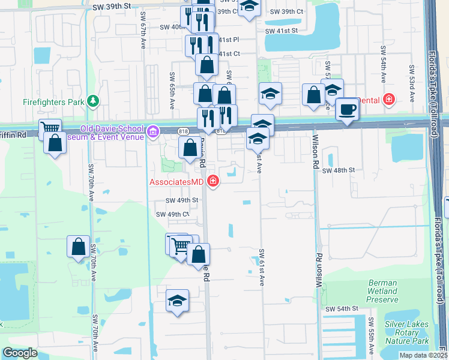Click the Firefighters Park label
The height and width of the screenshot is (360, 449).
coord(53,102)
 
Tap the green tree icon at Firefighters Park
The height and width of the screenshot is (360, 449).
coord(93,101)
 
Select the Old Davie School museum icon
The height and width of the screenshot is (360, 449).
coord(154,130)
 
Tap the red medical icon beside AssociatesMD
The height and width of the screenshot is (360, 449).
coord(212,180)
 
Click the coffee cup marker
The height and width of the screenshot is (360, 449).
coord(347,110)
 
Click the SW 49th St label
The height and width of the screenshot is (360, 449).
coord(182,200)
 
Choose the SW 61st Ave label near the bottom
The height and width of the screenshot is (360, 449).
coord(262,268)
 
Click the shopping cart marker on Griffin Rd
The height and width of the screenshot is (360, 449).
coord(50,128)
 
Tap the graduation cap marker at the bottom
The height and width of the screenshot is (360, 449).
coord(177,301)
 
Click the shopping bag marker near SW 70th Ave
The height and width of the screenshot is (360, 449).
coord(79,247)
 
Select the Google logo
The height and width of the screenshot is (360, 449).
coord(20,353)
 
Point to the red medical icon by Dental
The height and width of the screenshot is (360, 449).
coord(389,99)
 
